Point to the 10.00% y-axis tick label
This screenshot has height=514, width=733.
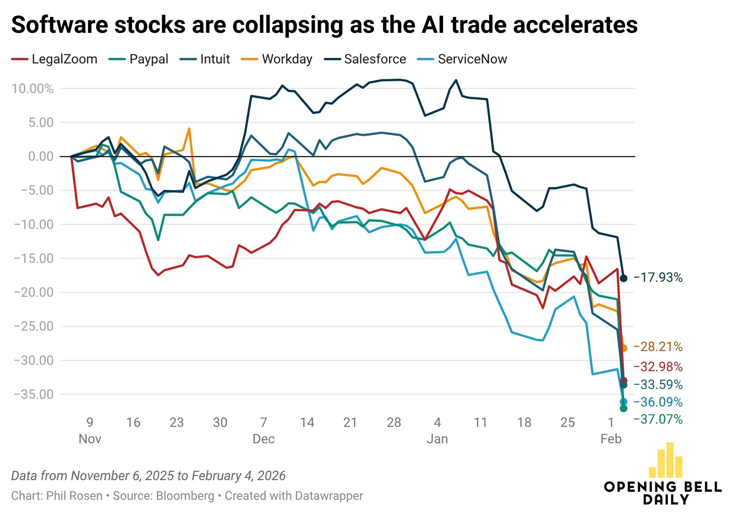[32, 89]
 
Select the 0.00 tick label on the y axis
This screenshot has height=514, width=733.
[41, 156]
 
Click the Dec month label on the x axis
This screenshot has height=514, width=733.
[263, 439]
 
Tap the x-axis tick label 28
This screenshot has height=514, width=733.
[394, 422]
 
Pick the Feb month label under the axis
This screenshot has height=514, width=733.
[611, 439]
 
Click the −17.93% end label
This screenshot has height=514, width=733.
[658, 277]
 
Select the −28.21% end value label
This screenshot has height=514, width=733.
[658, 347]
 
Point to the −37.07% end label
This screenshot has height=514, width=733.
[658, 419]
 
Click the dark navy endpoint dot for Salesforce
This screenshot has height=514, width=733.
[623, 279]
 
